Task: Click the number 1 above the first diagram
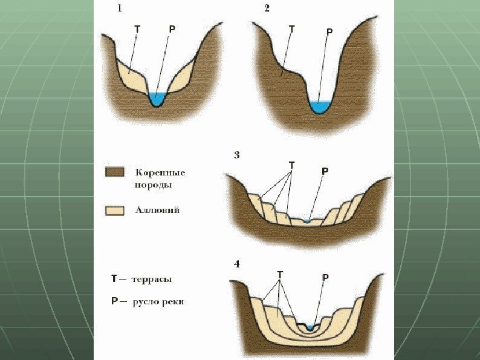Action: [x=120, y=9]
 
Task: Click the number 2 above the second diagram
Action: [x=267, y=9]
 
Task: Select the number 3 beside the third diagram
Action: [x=237, y=155]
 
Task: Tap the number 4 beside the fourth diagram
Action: [x=237, y=264]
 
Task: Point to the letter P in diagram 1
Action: [x=172, y=28]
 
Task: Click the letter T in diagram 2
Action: [x=292, y=28]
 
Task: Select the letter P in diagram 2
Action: [x=329, y=31]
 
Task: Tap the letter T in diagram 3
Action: [x=292, y=165]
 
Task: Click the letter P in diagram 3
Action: [x=325, y=171]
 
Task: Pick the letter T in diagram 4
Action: [x=280, y=275]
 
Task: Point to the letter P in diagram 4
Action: [x=326, y=278]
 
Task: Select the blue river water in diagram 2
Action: [x=319, y=107]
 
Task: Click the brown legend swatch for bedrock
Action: [x=115, y=172]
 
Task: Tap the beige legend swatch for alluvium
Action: [x=115, y=211]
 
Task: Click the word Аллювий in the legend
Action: [x=157, y=211]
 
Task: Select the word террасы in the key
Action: [x=152, y=280]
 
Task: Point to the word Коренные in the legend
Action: [x=160, y=172]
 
